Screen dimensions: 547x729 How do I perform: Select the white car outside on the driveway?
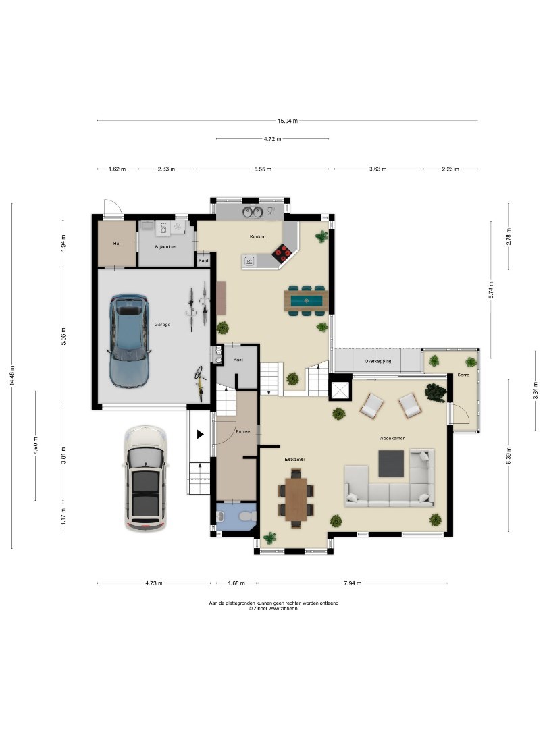coord(146,479)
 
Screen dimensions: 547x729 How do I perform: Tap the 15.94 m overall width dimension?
coord(288,121)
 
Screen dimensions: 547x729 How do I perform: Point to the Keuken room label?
coord(258,237)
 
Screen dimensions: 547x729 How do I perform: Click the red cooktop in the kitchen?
coord(282,252)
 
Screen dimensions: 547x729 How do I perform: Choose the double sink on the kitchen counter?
coord(253,212)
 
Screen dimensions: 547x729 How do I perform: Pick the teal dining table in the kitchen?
coord(307,300)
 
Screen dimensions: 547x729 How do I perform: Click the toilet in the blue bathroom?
coord(246,516)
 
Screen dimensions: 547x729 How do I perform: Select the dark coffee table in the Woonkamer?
coord(391,464)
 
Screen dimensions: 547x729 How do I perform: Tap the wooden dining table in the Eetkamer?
coord(296,500)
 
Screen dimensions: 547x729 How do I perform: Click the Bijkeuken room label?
coord(165,247)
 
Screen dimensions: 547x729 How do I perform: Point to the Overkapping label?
coord(377,360)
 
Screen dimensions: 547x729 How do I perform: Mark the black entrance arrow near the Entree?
coord(200,435)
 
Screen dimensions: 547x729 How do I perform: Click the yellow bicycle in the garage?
coord(200,383)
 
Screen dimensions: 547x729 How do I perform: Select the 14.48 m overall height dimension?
coord(12,376)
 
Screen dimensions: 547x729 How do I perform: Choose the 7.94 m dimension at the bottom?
coord(352,583)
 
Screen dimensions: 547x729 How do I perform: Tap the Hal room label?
coord(117,243)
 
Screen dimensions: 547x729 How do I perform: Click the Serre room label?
coord(463,375)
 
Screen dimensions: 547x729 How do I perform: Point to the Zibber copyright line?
coord(273,609)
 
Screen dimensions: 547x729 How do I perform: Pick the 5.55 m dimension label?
coord(263,169)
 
